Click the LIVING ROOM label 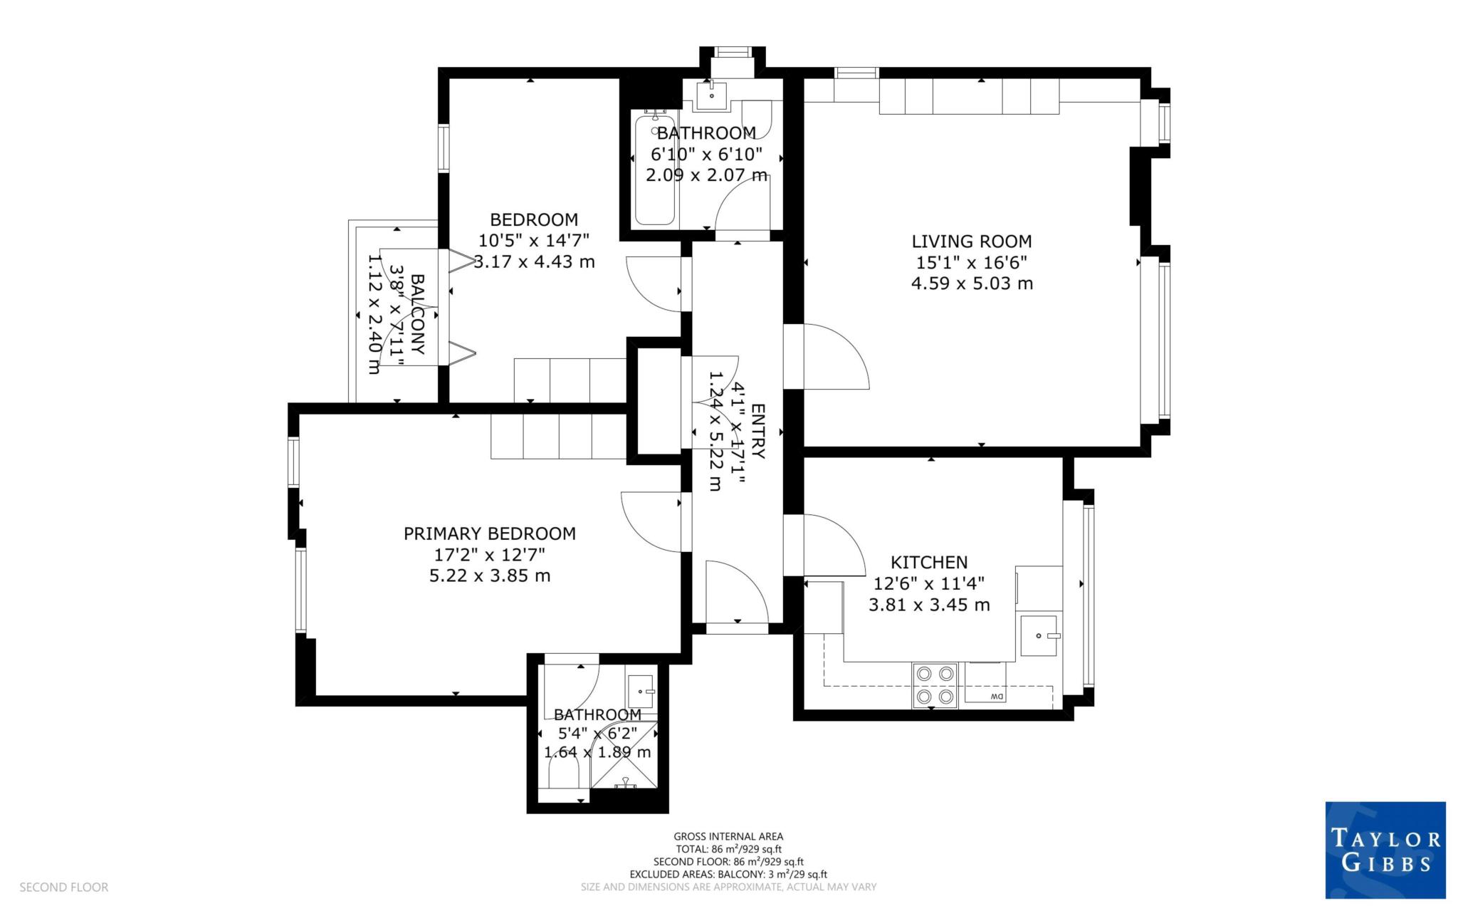pos(971,241)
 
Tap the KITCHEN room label pos(929,563)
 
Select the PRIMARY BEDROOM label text pos(489,533)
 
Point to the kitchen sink pos(1039,635)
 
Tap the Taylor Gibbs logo pos(1385,850)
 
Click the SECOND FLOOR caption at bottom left pos(63,887)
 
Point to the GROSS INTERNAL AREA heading pos(728,836)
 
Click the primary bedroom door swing pos(650,522)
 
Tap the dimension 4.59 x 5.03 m pos(971,283)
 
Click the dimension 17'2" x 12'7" pos(489,554)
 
